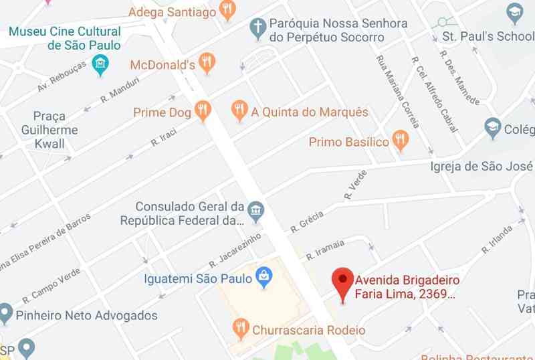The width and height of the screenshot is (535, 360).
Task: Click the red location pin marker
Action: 343,282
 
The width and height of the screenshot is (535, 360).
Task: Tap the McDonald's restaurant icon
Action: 207,64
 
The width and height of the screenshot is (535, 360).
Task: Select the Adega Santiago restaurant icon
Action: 228,10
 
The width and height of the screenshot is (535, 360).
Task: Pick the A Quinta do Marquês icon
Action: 239,110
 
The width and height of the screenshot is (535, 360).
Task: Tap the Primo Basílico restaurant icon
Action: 400,141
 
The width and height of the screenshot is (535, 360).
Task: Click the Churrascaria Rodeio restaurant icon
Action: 241,329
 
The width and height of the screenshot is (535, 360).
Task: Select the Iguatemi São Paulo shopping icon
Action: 264,278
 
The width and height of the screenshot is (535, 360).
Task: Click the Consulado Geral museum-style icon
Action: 255,213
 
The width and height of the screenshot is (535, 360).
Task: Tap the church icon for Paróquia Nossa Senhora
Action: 257,29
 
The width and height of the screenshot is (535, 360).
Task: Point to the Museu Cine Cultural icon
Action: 100,65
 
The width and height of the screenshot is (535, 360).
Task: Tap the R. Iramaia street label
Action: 326,250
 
